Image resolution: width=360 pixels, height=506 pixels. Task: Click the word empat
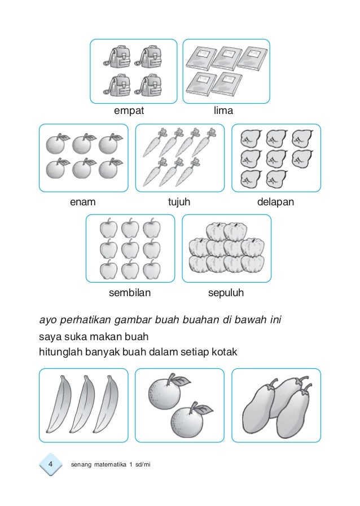[x=129, y=111]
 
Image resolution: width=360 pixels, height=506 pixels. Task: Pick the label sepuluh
[x=226, y=293]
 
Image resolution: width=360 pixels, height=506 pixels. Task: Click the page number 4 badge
[x=50, y=464]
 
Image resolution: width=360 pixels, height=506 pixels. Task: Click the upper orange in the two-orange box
[x=163, y=392]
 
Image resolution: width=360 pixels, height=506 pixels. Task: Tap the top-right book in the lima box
[x=252, y=58]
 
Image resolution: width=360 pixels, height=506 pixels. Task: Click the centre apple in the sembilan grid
[x=130, y=249]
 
